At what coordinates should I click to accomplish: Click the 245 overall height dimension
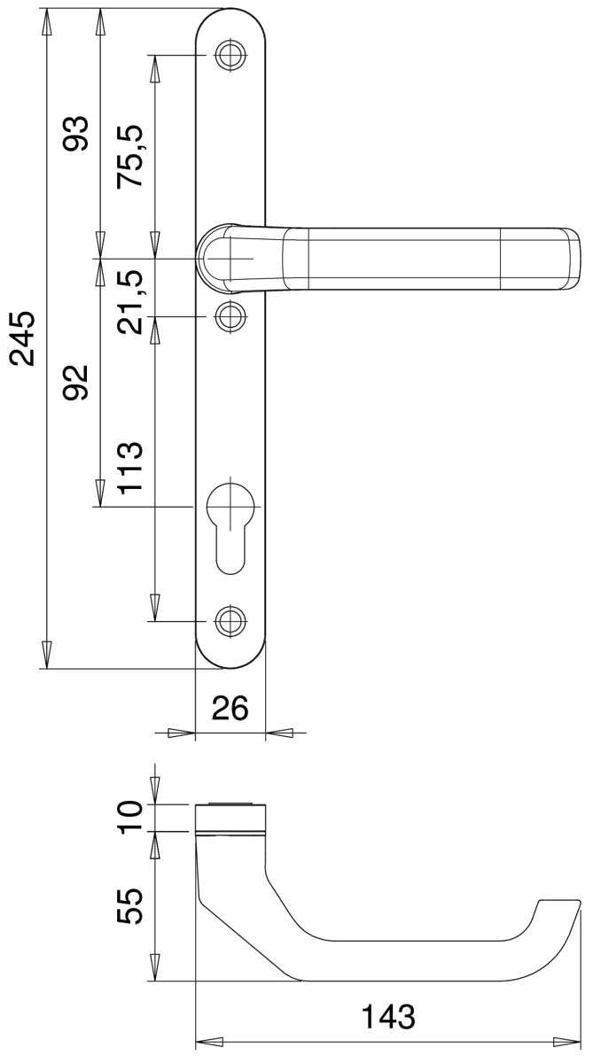(23, 338)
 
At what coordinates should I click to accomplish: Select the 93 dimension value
(76, 134)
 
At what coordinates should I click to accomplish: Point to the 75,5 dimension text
(129, 157)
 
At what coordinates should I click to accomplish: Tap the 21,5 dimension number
(129, 302)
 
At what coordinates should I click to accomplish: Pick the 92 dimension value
(76, 383)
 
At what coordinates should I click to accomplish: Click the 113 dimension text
(129, 468)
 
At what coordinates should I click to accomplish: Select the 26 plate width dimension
(230, 708)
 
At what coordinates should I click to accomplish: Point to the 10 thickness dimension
(129, 817)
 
